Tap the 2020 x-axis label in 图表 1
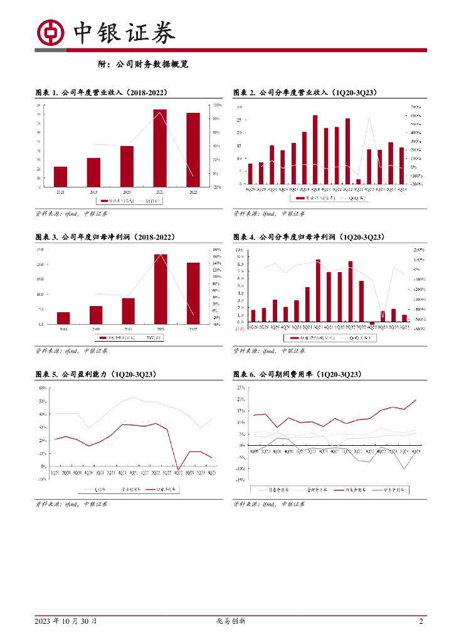click(x=127, y=192)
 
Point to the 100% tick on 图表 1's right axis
click(x=217, y=105)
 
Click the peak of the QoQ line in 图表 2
click(x=369, y=118)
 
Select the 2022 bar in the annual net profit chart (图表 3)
click(x=193, y=293)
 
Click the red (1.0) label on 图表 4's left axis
click(x=239, y=329)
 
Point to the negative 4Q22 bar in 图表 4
click(x=372, y=324)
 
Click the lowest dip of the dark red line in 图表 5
click(x=178, y=469)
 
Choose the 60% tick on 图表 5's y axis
click(x=43, y=388)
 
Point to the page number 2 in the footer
click(x=421, y=621)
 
